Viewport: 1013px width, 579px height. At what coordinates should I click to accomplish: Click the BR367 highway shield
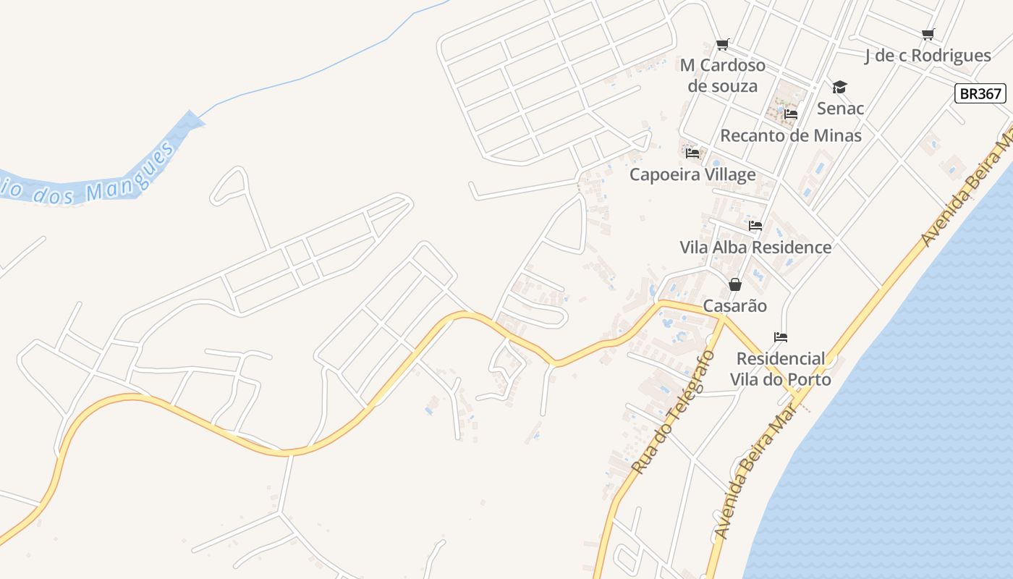(980, 93)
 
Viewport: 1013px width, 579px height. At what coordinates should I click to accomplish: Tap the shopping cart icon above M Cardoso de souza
(722, 45)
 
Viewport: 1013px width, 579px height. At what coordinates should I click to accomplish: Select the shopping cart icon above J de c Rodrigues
(928, 34)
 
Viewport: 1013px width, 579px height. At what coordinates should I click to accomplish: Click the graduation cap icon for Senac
(839, 87)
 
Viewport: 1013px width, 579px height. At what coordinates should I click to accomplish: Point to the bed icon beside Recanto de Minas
(790, 114)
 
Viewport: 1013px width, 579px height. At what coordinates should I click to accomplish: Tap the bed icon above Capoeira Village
(692, 153)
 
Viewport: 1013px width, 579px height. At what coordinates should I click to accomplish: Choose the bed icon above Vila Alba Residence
(755, 226)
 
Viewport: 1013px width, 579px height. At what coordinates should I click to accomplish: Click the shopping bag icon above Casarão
(735, 284)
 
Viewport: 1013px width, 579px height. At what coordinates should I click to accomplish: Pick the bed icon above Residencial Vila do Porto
(780, 337)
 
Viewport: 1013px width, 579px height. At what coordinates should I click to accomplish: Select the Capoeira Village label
(692, 174)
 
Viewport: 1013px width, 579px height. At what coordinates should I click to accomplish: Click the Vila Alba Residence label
(755, 248)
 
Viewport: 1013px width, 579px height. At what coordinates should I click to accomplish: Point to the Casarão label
(735, 306)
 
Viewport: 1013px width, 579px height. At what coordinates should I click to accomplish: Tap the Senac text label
(840, 109)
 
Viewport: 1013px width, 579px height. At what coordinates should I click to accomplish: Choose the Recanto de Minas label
(791, 135)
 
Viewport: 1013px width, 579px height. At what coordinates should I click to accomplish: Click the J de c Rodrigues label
(928, 56)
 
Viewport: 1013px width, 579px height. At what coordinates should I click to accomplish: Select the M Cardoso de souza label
(723, 75)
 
